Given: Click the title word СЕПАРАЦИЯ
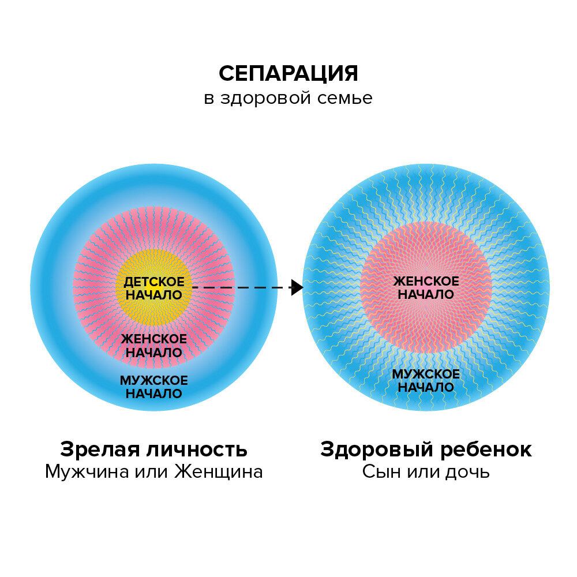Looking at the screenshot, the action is tap(288, 74).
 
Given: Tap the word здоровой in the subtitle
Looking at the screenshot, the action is tap(265, 98).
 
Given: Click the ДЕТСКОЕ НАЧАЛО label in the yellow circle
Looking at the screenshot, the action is tap(154, 288).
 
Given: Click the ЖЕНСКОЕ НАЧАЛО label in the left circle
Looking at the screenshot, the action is tap(154, 345).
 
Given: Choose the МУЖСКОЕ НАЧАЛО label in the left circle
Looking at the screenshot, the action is tap(154, 387).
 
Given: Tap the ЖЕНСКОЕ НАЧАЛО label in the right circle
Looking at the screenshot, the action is tap(426, 287).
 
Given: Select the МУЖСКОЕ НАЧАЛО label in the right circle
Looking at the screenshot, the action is tap(426, 381).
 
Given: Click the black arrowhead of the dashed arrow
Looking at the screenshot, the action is tap(297, 287).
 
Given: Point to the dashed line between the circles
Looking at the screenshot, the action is tap(242, 287).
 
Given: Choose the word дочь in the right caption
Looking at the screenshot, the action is tap(467, 472).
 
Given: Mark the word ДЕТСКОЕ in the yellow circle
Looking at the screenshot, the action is tap(154, 282).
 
